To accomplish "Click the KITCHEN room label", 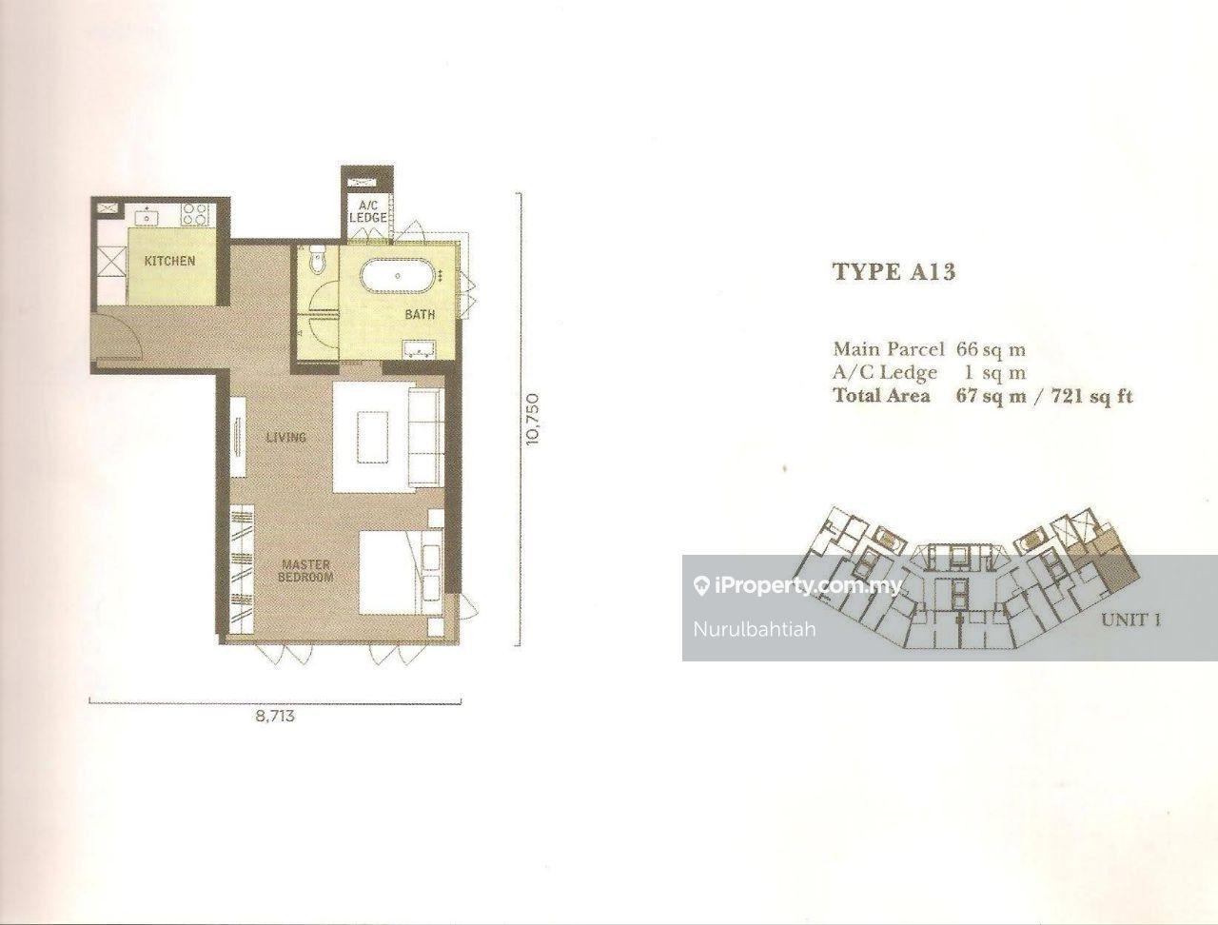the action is click(169, 261).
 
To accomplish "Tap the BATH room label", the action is click(420, 315).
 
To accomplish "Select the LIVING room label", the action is click(285, 437).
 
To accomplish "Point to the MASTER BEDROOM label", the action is click(305, 571).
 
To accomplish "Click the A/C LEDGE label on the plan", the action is click(367, 212).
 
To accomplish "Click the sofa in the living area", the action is click(426, 438).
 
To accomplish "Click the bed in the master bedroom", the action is click(401, 572).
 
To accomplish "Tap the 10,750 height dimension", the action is click(533, 419).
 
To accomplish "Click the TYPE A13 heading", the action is click(894, 272).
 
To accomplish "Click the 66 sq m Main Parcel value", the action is click(991, 349).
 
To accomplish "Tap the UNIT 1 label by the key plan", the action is click(1130, 620).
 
